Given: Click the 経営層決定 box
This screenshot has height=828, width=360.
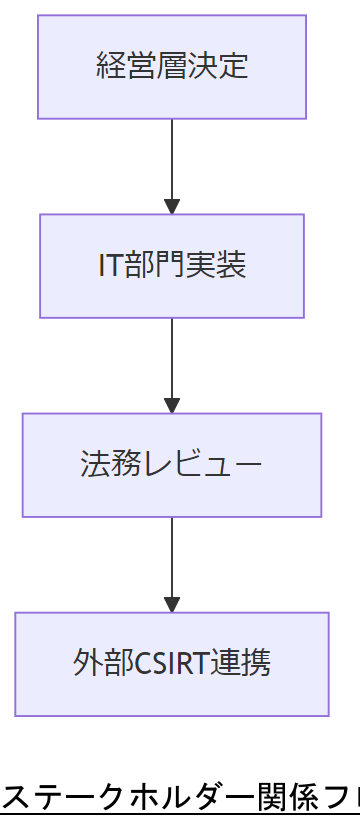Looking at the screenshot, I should tap(172, 67).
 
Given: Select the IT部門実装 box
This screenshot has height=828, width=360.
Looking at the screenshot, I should tap(172, 266).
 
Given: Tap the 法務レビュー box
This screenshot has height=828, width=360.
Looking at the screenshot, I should tap(172, 465).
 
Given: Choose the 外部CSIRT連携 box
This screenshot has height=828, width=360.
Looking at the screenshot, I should tap(172, 664).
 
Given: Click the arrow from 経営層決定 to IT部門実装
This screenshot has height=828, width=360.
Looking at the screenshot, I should tap(172, 160).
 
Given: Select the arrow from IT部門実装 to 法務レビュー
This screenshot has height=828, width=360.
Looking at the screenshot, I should tap(172, 359).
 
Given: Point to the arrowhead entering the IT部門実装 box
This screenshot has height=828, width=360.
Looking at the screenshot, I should tap(172, 207).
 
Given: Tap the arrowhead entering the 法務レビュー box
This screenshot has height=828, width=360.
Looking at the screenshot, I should tap(172, 406).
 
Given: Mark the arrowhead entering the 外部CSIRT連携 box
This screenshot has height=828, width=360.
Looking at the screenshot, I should tap(172, 605).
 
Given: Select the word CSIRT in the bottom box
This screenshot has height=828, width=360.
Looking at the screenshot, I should tap(166, 664).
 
